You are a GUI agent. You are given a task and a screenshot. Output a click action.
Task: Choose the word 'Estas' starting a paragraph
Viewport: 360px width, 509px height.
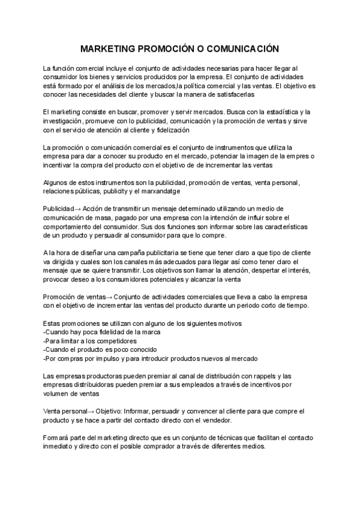point(53,323)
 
